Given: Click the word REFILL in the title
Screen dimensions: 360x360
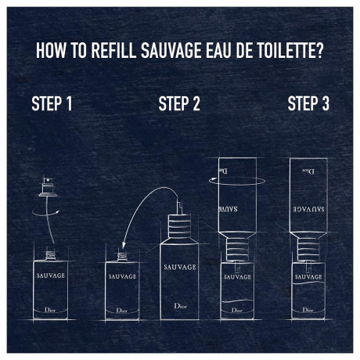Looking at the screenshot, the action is tap(113, 50).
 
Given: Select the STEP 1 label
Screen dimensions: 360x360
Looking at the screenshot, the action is tap(52, 103).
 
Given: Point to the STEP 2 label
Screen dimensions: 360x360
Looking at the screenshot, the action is tap(179, 103).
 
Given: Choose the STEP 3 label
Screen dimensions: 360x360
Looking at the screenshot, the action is tap(308, 103).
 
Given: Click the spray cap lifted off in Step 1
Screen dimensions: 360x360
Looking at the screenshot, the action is tap(48, 187).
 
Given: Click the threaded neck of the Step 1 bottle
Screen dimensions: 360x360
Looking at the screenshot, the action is tap(50, 255).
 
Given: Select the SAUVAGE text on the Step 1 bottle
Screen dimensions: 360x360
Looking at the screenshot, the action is tap(51, 275).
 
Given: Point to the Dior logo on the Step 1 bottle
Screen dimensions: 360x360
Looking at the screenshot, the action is tap(50, 310).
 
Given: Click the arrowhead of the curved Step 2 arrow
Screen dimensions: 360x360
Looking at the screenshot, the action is tap(124, 245).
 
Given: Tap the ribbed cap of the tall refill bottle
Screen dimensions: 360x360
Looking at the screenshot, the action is tap(179, 226).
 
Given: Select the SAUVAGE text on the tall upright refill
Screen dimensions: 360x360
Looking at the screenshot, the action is tap(180, 267).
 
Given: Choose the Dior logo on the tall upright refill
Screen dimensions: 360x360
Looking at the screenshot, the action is tap(181, 306).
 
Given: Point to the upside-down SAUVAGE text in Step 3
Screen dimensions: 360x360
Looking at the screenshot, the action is tap(308, 209).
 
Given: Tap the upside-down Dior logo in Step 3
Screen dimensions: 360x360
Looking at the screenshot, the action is tap(308, 171).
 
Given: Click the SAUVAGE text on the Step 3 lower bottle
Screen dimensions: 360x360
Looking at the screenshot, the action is tap(308, 277).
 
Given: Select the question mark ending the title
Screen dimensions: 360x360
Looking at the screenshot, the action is tap(319, 50).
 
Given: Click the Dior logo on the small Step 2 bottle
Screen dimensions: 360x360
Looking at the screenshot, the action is tap(122, 311).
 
